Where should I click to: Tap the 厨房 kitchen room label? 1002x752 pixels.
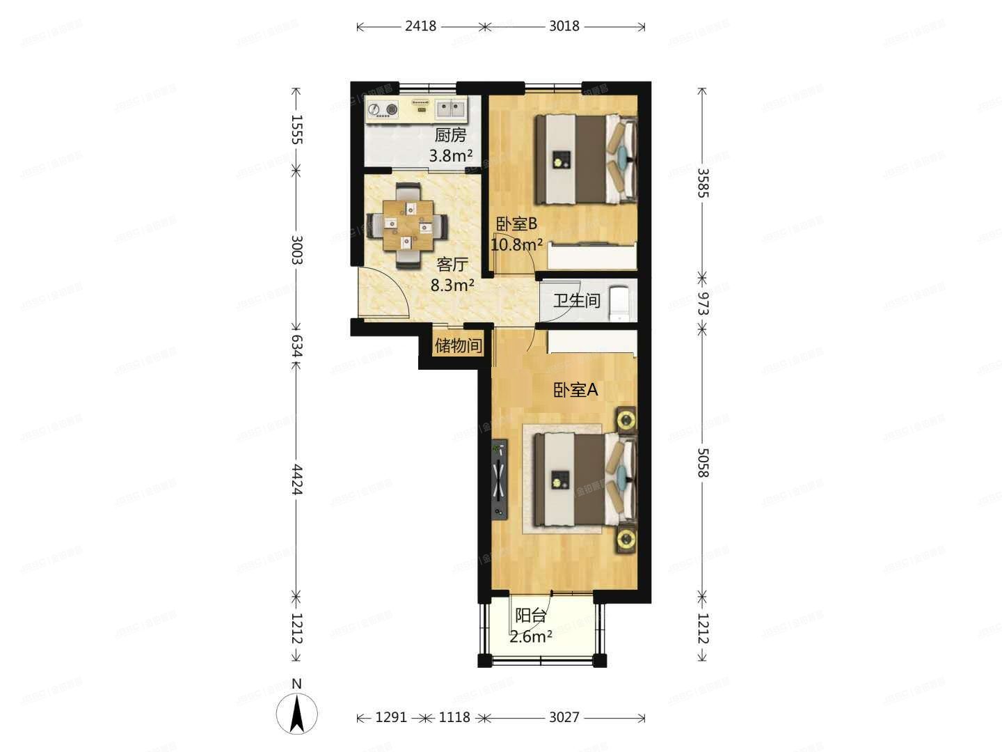click(x=450, y=136)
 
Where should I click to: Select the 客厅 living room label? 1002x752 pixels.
click(x=452, y=265)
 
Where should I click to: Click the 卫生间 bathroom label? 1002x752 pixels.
click(x=577, y=301)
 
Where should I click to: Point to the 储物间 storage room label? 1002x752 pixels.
click(x=458, y=345)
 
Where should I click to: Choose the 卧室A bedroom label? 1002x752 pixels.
click(x=575, y=390)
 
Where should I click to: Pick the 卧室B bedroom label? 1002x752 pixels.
click(x=516, y=224)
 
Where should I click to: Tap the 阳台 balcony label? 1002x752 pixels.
click(x=530, y=616)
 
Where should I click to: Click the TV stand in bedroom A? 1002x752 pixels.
click(x=500, y=480)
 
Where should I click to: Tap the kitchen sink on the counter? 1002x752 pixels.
click(x=452, y=108)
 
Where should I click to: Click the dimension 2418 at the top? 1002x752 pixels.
click(x=420, y=26)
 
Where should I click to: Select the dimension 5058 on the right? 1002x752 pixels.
click(x=702, y=461)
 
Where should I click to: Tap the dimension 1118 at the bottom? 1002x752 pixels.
click(x=454, y=717)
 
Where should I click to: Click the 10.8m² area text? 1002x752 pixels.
click(x=516, y=244)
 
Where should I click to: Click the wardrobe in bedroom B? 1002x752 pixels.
click(x=592, y=256)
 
